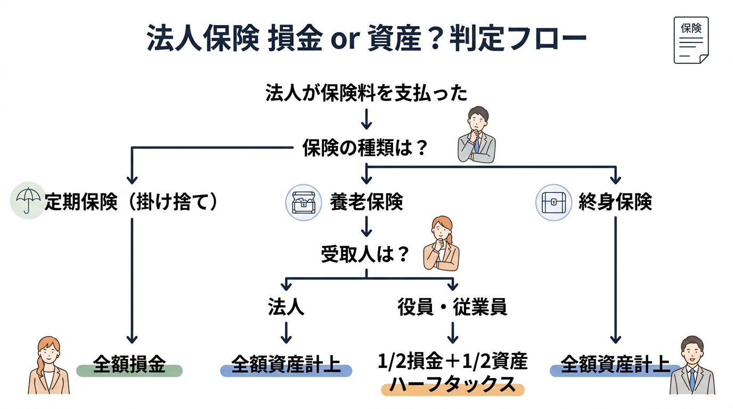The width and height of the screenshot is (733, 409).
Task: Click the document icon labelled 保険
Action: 691,40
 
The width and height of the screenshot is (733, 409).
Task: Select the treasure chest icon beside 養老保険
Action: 304,202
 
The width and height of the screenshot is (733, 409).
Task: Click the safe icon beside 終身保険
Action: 553,202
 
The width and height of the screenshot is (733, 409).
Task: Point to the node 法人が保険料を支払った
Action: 366,94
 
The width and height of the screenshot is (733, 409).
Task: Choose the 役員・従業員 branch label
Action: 452,307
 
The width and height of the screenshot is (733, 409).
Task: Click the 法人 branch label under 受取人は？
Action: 286,307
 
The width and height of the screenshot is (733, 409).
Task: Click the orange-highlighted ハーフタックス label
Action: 452,385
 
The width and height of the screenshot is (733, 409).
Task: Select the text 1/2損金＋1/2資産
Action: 452,362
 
